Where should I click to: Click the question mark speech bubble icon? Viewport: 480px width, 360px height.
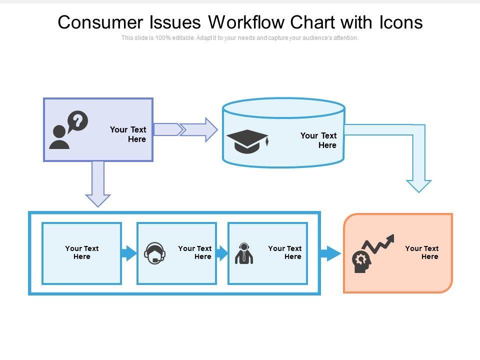coord(77,121)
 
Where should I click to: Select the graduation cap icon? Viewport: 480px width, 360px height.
coord(247,141)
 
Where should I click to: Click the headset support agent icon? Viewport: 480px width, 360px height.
coord(154,253)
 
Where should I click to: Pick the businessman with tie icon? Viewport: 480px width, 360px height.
coord(244,253)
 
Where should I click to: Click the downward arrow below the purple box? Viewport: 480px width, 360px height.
coord(98,183)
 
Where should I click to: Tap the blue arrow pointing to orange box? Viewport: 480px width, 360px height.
coord(330,253)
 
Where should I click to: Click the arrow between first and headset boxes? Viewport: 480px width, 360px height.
coord(129,253)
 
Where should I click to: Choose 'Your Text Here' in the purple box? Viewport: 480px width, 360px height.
coord(128,134)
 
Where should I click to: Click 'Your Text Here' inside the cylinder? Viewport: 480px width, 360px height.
coord(318,140)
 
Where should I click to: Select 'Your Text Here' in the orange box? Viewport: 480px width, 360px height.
coord(421,252)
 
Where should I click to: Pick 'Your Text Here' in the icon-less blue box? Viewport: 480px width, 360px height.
coord(82,252)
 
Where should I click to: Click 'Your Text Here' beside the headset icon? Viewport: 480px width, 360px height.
coord(195,252)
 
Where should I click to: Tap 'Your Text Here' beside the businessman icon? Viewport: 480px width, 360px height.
coord(285,252)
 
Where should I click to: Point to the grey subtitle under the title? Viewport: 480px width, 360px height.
coord(240,38)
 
